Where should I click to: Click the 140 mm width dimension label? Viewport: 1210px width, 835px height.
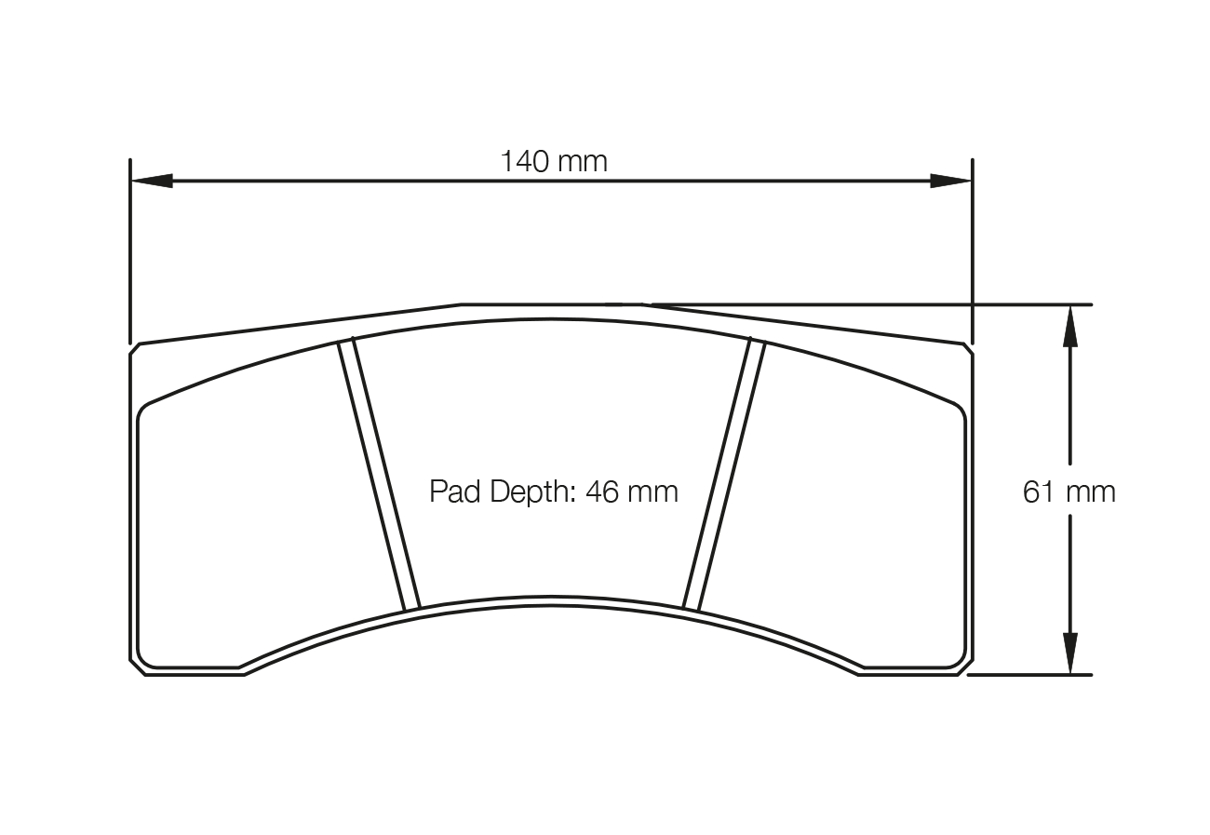click(x=554, y=162)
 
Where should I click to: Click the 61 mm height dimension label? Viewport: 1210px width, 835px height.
click(x=1069, y=492)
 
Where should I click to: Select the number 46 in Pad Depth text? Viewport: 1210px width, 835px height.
click(x=602, y=492)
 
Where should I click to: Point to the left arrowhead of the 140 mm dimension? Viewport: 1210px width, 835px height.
click(x=152, y=181)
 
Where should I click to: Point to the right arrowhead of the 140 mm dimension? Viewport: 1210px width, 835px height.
click(x=950, y=181)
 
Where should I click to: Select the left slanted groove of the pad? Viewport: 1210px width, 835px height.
click(x=379, y=476)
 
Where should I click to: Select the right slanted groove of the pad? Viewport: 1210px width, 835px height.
click(x=723, y=476)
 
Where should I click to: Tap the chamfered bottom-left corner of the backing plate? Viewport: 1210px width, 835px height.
click(x=137, y=667)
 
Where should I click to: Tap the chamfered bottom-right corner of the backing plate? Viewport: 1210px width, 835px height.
click(x=965, y=667)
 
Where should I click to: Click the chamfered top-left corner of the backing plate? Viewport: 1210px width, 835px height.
click(x=134, y=348)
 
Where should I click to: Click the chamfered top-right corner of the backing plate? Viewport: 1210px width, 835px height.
click(x=968, y=348)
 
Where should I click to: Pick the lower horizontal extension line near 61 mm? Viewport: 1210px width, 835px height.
click(x=1028, y=675)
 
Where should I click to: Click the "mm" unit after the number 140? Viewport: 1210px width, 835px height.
click(x=583, y=162)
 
